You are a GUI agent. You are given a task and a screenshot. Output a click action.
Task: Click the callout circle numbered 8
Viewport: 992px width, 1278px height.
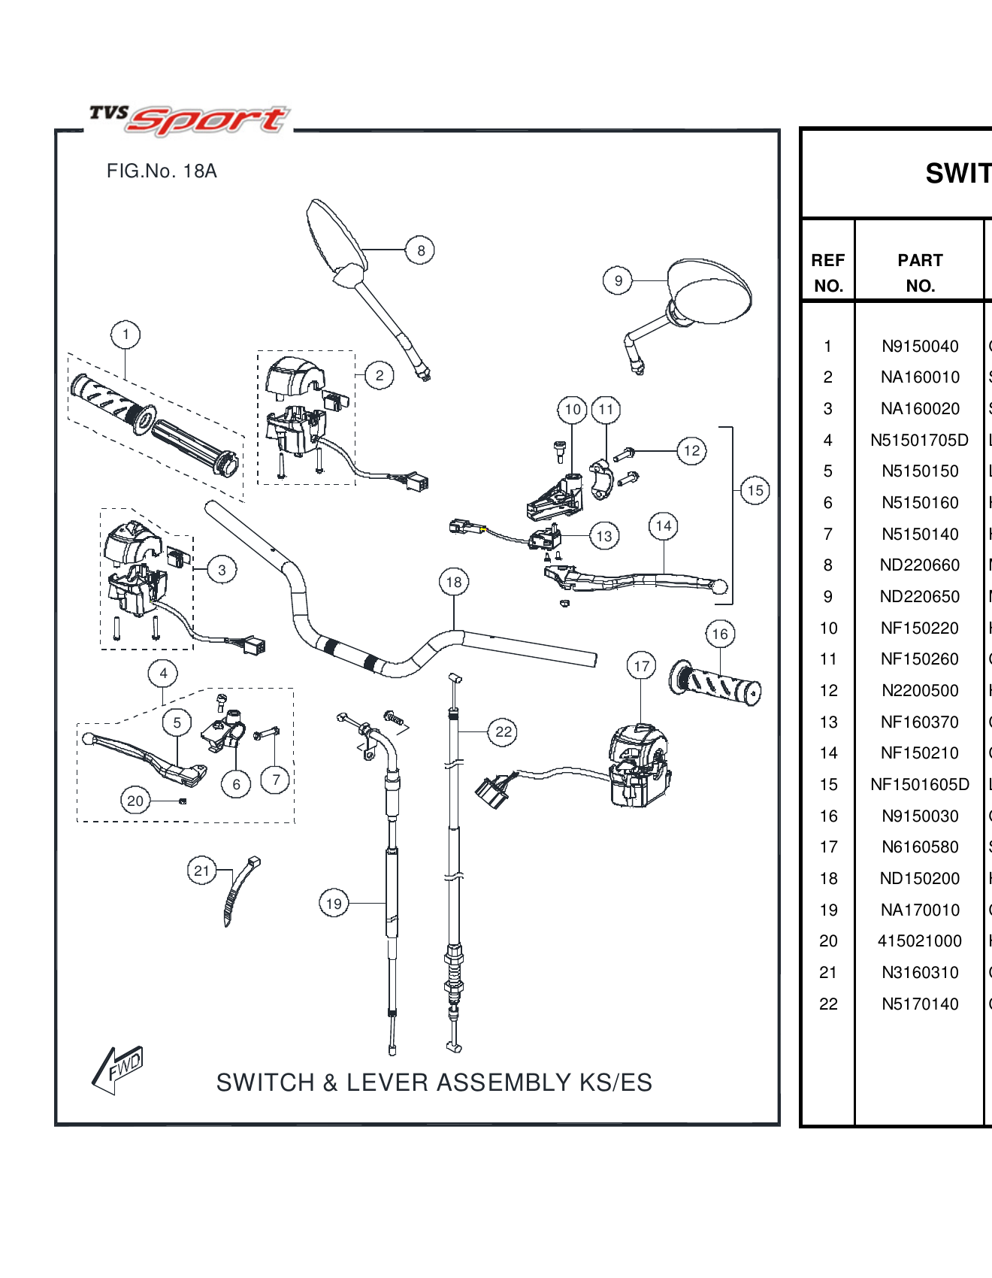(420, 250)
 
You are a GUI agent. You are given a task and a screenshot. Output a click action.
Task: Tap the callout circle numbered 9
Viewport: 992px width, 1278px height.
(618, 280)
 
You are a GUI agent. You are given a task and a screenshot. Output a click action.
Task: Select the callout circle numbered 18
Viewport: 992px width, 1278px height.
(453, 582)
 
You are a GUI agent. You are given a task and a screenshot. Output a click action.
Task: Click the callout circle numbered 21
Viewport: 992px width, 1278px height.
(201, 871)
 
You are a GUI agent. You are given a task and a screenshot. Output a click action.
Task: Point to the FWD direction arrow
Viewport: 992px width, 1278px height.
(118, 1068)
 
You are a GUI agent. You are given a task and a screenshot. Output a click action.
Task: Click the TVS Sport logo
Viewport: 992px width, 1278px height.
(189, 119)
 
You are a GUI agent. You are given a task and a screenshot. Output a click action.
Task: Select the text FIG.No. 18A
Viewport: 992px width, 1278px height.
(162, 171)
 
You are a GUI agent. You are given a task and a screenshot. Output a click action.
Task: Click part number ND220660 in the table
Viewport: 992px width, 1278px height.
(920, 565)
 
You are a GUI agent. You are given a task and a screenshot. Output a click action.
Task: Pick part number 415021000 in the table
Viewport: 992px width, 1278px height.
(920, 941)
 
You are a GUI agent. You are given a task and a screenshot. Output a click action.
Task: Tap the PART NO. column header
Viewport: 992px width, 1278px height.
(920, 273)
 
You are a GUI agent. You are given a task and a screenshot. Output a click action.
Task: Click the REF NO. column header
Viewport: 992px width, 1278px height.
(828, 273)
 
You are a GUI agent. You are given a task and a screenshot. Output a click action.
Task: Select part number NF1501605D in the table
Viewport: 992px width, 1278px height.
(920, 785)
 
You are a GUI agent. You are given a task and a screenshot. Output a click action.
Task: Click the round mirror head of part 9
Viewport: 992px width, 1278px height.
(711, 292)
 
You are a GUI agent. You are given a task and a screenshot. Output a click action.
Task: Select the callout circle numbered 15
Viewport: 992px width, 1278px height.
(755, 491)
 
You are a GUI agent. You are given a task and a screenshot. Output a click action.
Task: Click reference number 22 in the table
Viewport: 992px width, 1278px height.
(828, 1004)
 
